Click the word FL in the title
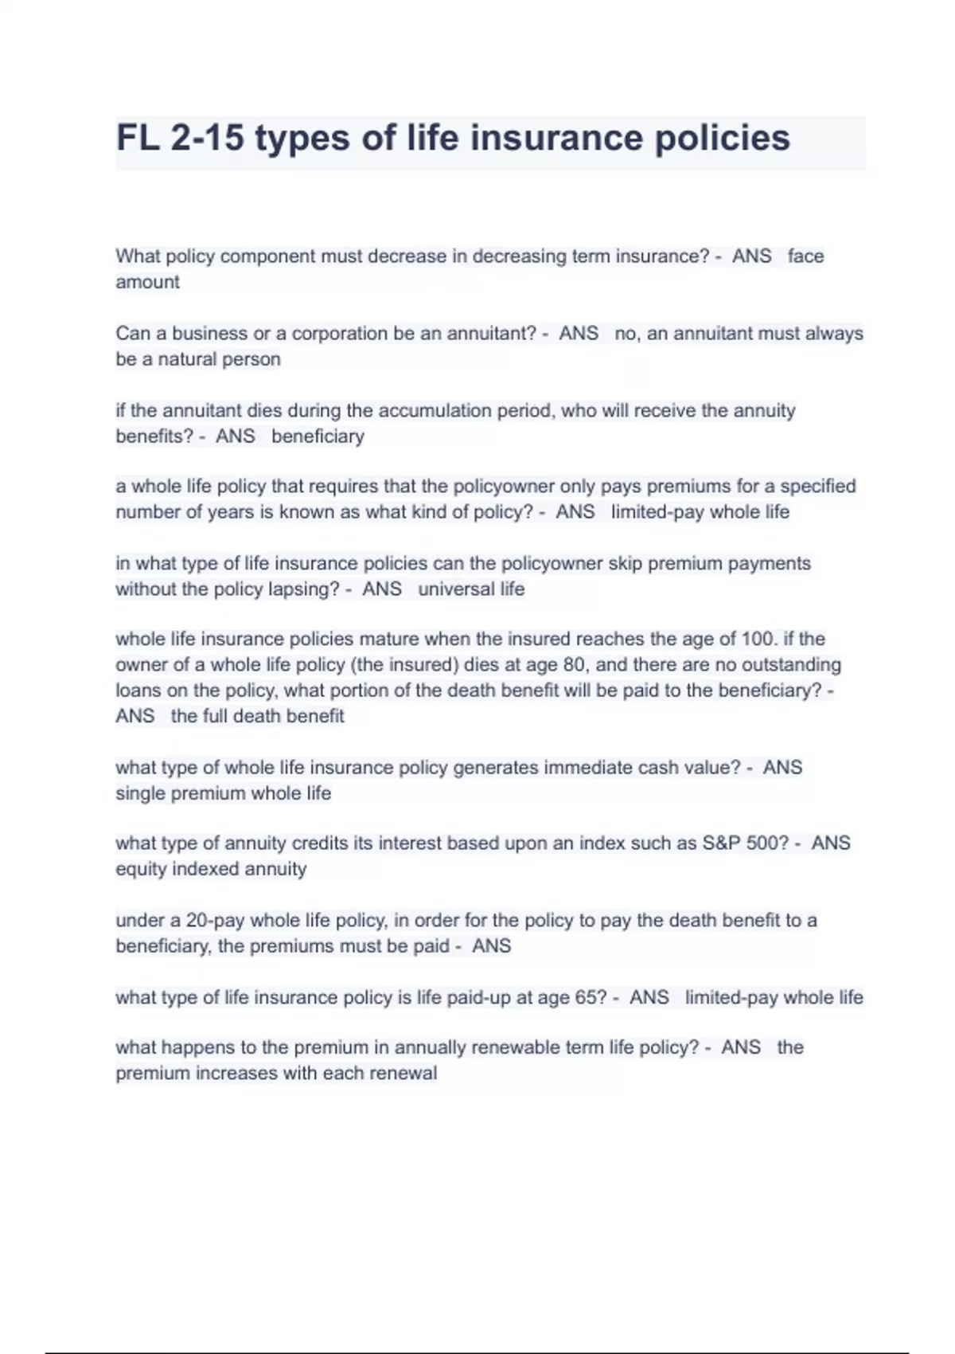pyautogui.click(x=138, y=138)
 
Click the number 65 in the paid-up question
pyautogui.click(x=589, y=998)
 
